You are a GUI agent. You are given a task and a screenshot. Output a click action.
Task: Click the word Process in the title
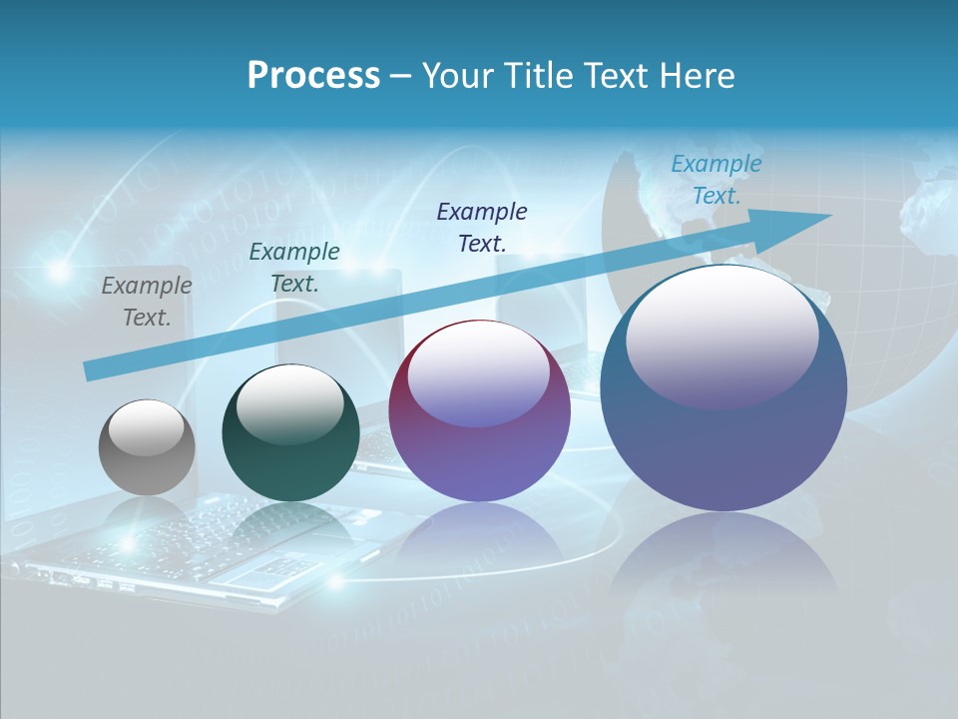[313, 76]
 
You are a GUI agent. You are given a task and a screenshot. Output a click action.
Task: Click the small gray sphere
[147, 447]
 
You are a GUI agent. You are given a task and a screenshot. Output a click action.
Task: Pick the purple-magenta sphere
[479, 439]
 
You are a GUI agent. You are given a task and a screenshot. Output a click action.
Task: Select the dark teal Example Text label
[294, 268]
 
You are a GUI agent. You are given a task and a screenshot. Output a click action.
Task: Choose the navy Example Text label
[482, 227]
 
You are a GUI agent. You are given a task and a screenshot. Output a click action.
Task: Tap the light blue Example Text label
[717, 180]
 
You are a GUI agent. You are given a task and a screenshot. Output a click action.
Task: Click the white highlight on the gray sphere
[147, 427]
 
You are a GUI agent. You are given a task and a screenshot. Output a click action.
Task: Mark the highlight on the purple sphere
[479, 371]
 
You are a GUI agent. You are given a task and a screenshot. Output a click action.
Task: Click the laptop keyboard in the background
[200, 544]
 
